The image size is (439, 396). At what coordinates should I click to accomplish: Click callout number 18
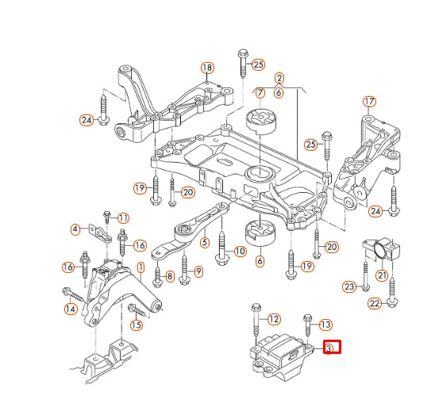click(207, 67)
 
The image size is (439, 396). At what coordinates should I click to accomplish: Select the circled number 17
click(368, 102)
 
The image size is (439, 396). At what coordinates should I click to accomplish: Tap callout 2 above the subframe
click(279, 78)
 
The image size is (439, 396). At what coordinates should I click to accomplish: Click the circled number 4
click(75, 230)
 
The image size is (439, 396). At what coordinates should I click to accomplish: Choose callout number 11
click(123, 217)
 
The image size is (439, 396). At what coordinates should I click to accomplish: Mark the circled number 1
click(141, 268)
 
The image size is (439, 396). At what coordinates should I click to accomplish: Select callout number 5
click(205, 243)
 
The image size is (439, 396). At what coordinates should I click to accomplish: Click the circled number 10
click(239, 252)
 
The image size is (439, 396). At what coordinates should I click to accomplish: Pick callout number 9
click(198, 271)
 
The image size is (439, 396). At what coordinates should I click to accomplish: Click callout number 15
click(137, 325)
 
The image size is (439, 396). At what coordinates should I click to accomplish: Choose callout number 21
click(382, 275)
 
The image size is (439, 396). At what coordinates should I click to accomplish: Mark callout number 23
click(349, 286)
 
